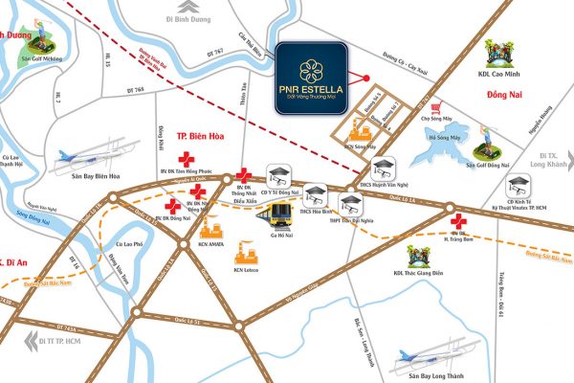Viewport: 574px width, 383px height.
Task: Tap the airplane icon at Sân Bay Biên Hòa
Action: [x=72, y=157]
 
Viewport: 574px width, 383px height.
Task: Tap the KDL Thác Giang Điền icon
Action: [x=417, y=259]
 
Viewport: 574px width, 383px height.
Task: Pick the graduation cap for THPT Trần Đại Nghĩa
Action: [x=351, y=202]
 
